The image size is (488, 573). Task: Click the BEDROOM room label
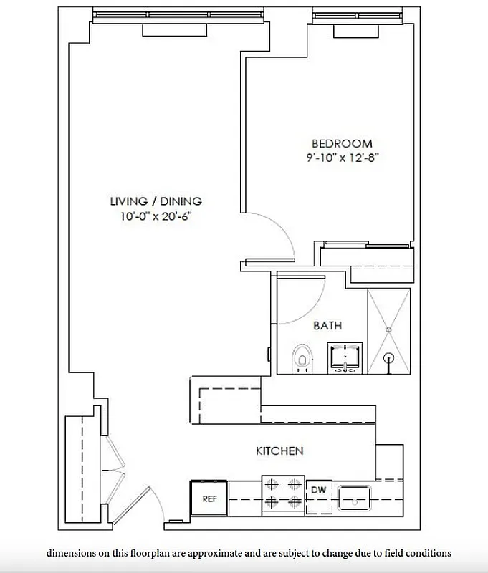pos(341,143)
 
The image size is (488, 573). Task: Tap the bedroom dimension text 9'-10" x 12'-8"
pos(341,157)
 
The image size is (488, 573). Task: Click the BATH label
pos(327,325)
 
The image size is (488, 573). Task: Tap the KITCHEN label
pos(279,451)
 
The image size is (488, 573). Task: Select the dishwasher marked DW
pos(318,491)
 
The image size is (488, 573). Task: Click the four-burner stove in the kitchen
pos(282,493)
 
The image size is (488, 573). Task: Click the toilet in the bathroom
pos(303,357)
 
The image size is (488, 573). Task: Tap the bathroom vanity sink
pos(345,357)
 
